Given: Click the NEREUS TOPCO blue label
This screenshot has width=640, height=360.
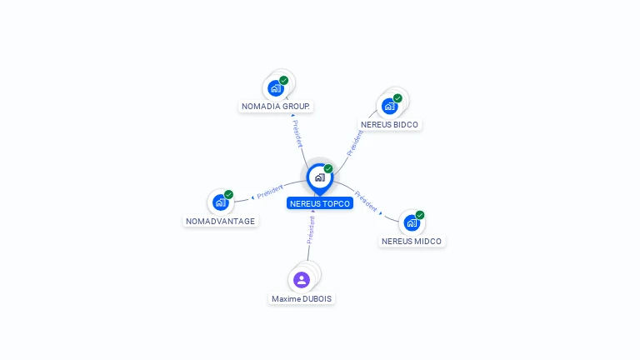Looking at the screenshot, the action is pyautogui.click(x=320, y=203).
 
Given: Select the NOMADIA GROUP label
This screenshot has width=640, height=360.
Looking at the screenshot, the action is pyautogui.click(x=276, y=106).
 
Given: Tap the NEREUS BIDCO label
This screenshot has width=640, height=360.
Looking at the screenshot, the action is pyautogui.click(x=389, y=124).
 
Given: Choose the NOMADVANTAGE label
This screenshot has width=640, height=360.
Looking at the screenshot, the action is pyautogui.click(x=220, y=221).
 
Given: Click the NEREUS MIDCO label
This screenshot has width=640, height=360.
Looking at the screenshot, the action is pyautogui.click(x=412, y=241).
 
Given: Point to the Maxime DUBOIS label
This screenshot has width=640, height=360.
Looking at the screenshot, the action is pyautogui.click(x=302, y=299).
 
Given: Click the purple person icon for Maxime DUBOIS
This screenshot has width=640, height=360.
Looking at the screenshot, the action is pyautogui.click(x=302, y=280).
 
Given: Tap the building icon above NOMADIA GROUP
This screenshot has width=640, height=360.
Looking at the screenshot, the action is pyautogui.click(x=276, y=88).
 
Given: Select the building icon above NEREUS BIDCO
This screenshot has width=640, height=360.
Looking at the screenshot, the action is pyautogui.click(x=389, y=106).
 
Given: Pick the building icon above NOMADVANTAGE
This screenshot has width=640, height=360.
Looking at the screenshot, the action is pyautogui.click(x=220, y=202).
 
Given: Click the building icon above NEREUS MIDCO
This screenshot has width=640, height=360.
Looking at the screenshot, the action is pyautogui.click(x=412, y=222).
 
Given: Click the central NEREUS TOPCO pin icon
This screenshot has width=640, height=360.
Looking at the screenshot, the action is pyautogui.click(x=320, y=179).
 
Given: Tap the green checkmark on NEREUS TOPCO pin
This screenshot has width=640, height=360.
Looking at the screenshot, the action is pyautogui.click(x=328, y=168).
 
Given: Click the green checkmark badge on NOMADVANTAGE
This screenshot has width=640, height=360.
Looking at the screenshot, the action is pyautogui.click(x=228, y=194).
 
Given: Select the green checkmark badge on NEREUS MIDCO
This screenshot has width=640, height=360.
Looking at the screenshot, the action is pyautogui.click(x=420, y=215).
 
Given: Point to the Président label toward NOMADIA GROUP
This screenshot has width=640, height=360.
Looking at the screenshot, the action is pyautogui.click(x=297, y=133).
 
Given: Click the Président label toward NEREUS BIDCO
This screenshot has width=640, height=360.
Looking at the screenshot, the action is pyautogui.click(x=355, y=143).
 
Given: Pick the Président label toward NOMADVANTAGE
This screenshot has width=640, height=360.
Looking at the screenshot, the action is pyautogui.click(x=270, y=191).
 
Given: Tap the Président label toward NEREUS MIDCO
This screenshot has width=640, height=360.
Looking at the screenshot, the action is pyautogui.click(x=366, y=201).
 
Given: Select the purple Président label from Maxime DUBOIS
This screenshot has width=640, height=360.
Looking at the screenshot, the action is pyautogui.click(x=311, y=230).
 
